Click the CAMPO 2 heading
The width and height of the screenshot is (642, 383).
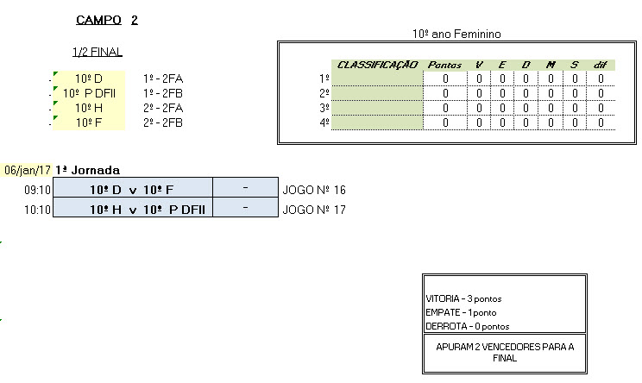pyautogui.click(x=107, y=20)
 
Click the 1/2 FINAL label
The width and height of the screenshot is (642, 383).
pyautogui.click(x=98, y=52)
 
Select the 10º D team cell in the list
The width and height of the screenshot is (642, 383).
pyautogui.click(x=90, y=78)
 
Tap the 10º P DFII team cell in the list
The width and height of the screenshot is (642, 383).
pyautogui.click(x=90, y=93)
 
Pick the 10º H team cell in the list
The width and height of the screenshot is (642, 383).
pyautogui.click(x=90, y=108)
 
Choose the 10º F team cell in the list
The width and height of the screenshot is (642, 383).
pyautogui.click(x=90, y=122)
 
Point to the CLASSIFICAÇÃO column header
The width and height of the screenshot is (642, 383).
pyautogui.click(x=377, y=65)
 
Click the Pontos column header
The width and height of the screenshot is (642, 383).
pyautogui.click(x=445, y=65)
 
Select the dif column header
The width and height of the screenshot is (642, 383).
pyautogui.click(x=601, y=65)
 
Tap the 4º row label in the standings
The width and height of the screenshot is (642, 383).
pyautogui.click(x=324, y=122)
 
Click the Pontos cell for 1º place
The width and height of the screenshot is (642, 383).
pyautogui.click(x=445, y=78)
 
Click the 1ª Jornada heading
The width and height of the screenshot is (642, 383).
pyautogui.click(x=87, y=170)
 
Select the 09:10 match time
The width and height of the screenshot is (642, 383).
pyautogui.click(x=38, y=190)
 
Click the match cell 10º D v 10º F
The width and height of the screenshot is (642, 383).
pyautogui.click(x=132, y=190)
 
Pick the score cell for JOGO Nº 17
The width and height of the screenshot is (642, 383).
pyautogui.click(x=246, y=209)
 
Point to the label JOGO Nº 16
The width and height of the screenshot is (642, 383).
pyautogui.click(x=314, y=190)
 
